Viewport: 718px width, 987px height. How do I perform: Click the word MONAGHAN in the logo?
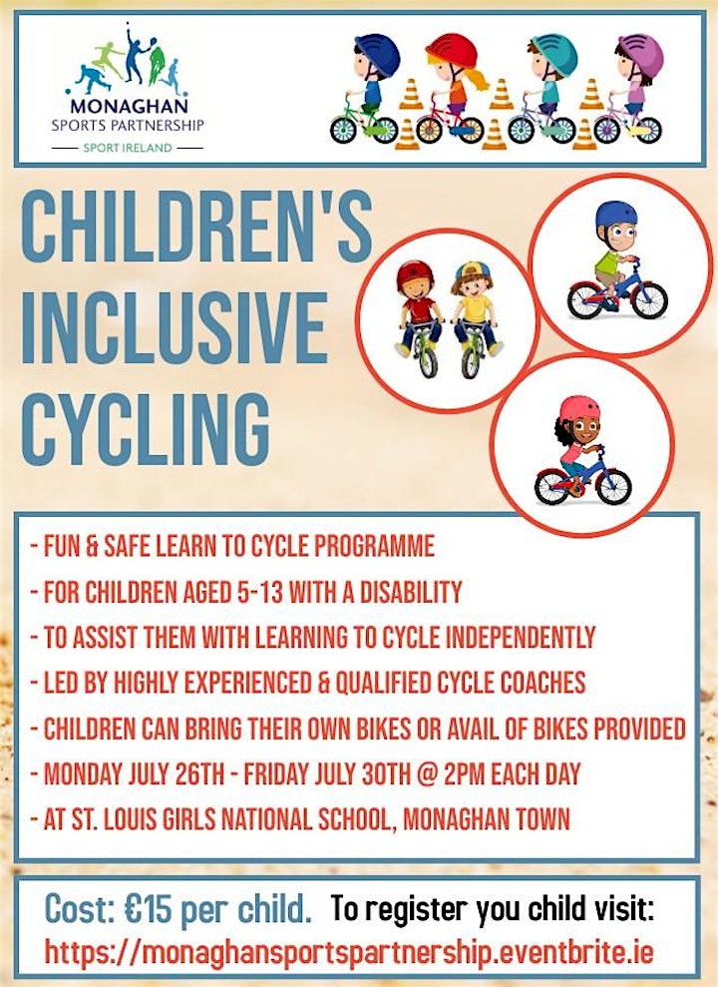pos(129,105)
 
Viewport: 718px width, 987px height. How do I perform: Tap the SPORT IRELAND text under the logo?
pos(128,148)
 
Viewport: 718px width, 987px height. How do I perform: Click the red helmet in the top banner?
pos(452,50)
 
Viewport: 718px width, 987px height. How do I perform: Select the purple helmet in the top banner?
pos(640,53)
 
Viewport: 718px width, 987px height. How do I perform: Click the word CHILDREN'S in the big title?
pos(196,226)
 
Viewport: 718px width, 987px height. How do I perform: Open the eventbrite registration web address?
pos(349,952)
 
